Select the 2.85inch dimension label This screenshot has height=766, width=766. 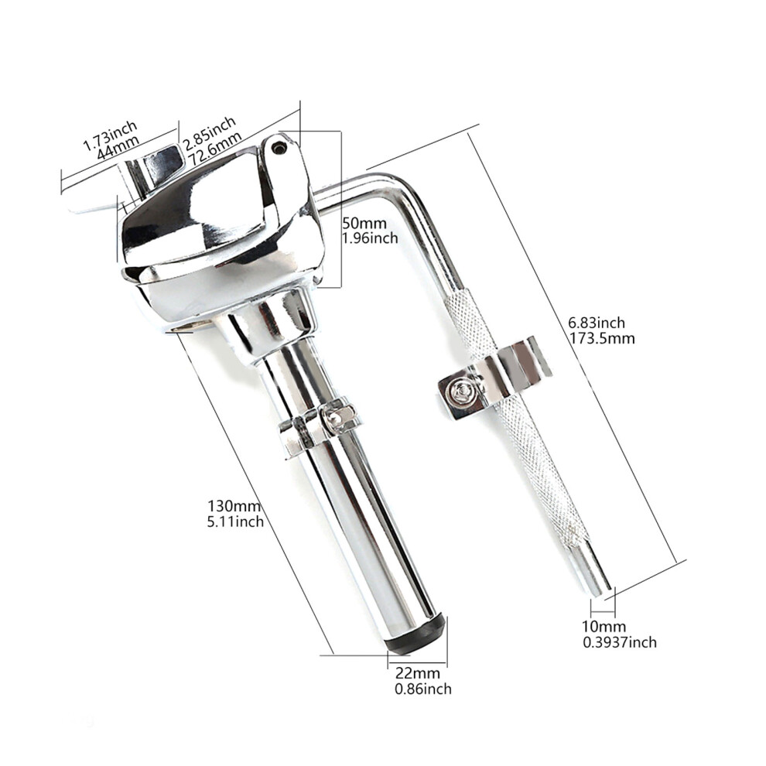point(210,131)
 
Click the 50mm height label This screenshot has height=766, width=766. point(364,224)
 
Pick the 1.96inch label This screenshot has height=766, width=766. point(370,238)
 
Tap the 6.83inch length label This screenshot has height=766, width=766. point(597,323)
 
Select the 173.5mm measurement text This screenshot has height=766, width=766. point(602,338)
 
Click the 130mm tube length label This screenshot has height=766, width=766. point(234,505)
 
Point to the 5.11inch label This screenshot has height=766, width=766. point(235,521)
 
